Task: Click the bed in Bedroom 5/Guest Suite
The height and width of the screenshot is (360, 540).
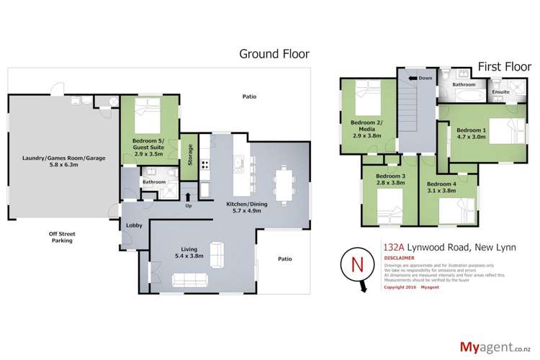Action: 148,112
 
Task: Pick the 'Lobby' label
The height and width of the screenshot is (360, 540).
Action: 135,225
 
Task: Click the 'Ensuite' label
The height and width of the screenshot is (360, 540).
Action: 500,92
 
